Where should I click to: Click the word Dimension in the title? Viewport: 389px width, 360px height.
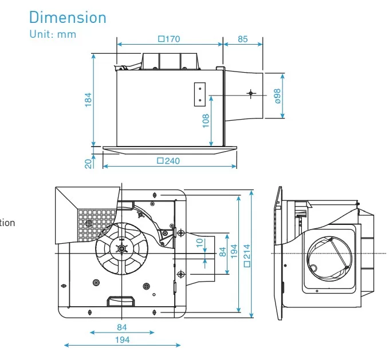pyautogui.click(x=68, y=17)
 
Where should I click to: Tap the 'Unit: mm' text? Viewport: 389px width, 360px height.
pyautogui.click(x=52, y=34)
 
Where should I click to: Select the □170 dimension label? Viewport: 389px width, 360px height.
pyautogui.click(x=169, y=39)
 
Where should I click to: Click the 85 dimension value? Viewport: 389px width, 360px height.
pyautogui.click(x=242, y=39)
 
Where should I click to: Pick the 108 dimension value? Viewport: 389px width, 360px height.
pyautogui.click(x=206, y=120)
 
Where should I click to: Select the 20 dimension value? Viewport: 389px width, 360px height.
pyautogui.click(x=88, y=163)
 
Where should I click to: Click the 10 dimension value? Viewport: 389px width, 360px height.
pyautogui.click(x=199, y=243)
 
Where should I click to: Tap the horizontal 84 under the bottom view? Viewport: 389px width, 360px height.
pyautogui.click(x=121, y=327)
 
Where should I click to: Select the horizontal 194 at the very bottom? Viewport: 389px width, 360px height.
pyautogui.click(x=121, y=339)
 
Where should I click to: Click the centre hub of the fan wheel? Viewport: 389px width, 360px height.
pyautogui.click(x=121, y=248)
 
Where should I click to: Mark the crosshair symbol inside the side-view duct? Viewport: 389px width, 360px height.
pyautogui.click(x=250, y=93)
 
